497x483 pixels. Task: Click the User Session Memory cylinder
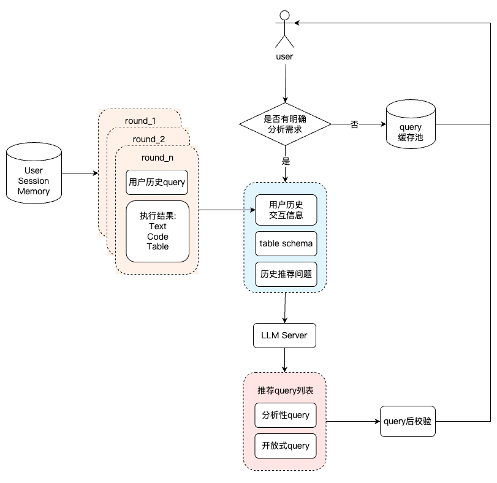[34, 173]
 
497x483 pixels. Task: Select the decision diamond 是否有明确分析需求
[285, 124]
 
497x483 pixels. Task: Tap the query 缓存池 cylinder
[411, 124]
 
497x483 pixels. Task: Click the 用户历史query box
[157, 182]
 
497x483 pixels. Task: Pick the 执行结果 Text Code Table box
[157, 231]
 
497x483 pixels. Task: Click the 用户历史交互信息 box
[286, 210]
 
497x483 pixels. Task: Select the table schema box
[286, 243]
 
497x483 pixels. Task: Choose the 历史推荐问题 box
[286, 274]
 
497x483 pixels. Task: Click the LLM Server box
[284, 335]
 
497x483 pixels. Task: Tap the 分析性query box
[285, 415]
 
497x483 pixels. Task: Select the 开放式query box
[285, 446]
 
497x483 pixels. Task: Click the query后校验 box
[408, 421]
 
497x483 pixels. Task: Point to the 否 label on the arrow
[354, 124]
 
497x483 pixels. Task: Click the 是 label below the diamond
[286, 161]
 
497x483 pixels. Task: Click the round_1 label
[140, 121]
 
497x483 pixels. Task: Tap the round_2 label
[149, 139]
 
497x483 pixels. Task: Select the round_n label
[157, 158]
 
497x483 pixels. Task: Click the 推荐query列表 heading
[285, 390]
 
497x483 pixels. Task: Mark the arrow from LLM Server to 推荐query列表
[284, 360]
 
